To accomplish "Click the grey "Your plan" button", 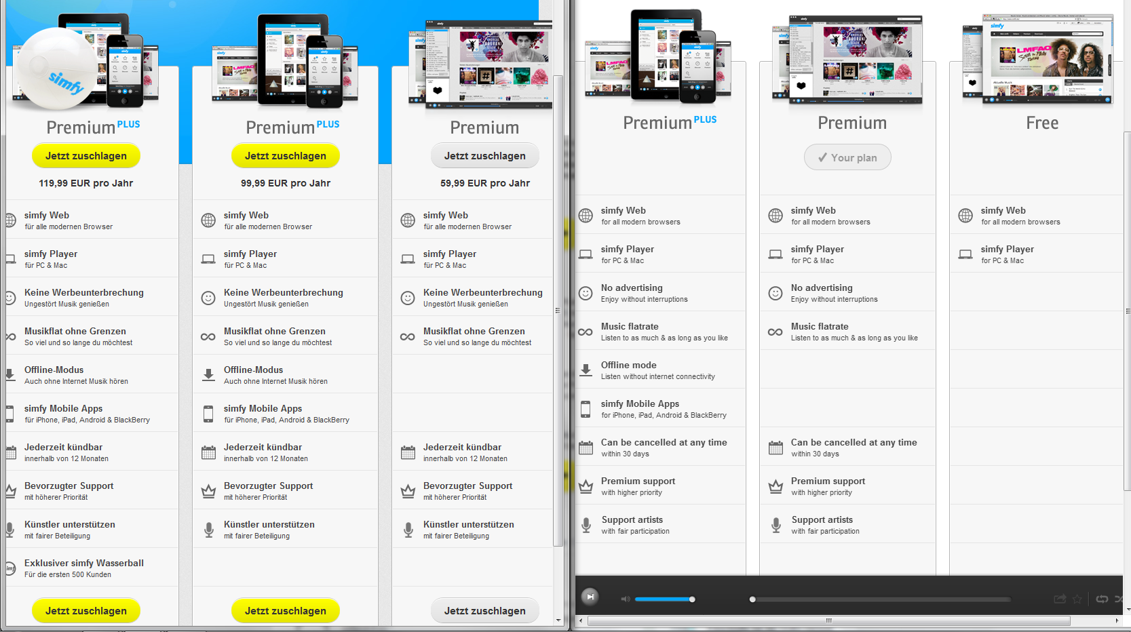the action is pyautogui.click(x=847, y=157).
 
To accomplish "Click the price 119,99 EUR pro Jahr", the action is pyautogui.click(x=86, y=183).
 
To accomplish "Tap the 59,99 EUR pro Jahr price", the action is pyautogui.click(x=484, y=183).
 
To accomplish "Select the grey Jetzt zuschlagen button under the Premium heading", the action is pyautogui.click(x=484, y=156).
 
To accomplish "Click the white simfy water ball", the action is pyautogui.click(x=56, y=68).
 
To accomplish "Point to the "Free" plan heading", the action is pyautogui.click(x=1042, y=123).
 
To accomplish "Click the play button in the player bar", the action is pyautogui.click(x=590, y=597).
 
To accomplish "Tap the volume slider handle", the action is pyautogui.click(x=692, y=599).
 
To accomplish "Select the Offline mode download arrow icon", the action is pyautogui.click(x=586, y=370).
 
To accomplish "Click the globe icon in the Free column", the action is pyautogui.click(x=965, y=216).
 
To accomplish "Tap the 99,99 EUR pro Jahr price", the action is pyautogui.click(x=285, y=183).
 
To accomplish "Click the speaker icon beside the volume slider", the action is pyautogui.click(x=626, y=599).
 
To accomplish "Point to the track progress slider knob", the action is pyautogui.click(x=752, y=599).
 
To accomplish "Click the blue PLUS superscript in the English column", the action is pyautogui.click(x=706, y=119).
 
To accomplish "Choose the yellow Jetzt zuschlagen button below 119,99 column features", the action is pyautogui.click(x=86, y=611).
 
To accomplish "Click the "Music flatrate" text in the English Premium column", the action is pyautogui.click(x=820, y=327).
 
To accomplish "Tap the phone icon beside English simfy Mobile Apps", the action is pyautogui.click(x=586, y=409).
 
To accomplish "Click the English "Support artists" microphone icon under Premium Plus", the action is pyautogui.click(x=586, y=525).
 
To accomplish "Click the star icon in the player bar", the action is pyautogui.click(x=1077, y=599).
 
